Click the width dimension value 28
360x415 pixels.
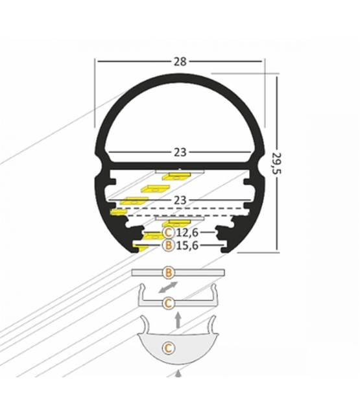point(180,62)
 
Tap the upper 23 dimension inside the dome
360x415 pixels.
point(180,152)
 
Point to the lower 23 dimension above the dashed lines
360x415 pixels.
point(180,200)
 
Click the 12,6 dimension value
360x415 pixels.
point(187,232)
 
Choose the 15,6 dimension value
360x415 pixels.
point(187,245)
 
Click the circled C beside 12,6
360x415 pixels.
point(169,232)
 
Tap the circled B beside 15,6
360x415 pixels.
point(169,245)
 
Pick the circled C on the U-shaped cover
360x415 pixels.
point(168,302)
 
